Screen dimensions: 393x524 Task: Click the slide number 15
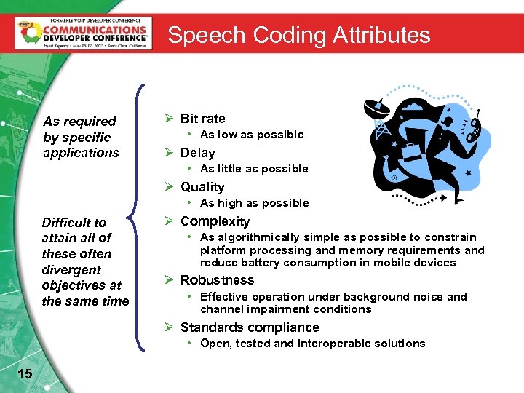pyautogui.click(x=24, y=373)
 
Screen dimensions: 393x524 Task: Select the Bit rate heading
pyautogui.click(x=202, y=119)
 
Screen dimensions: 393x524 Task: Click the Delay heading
pyautogui.click(x=197, y=153)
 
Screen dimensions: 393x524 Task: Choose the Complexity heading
pyautogui.click(x=215, y=221)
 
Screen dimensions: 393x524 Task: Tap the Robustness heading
pyautogui.click(x=217, y=280)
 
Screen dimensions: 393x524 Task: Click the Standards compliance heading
pyautogui.click(x=250, y=327)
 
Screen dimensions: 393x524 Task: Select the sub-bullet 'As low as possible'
pyautogui.click(x=252, y=135)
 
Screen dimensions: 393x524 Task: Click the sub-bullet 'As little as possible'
pyautogui.click(x=254, y=169)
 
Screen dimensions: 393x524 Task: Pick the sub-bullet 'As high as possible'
pyautogui.click(x=254, y=203)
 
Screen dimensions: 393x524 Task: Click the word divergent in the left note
pyautogui.click(x=71, y=269)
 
